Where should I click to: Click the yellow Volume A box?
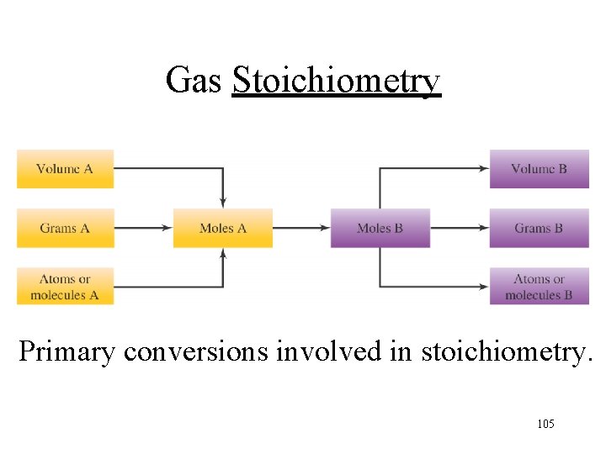(x=65, y=169)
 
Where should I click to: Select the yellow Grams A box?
(x=65, y=228)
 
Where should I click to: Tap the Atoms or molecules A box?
(x=65, y=287)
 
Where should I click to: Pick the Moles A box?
(x=223, y=228)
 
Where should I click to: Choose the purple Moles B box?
(x=380, y=228)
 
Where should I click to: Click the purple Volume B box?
(x=539, y=169)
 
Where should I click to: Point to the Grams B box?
(x=539, y=228)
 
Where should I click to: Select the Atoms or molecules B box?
(x=539, y=287)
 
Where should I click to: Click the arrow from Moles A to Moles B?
(x=301, y=228)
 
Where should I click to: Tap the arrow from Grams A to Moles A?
(x=143, y=228)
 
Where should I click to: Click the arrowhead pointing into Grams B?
(x=484, y=228)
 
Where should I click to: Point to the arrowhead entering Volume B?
(x=484, y=169)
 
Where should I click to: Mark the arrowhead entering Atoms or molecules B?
(x=484, y=287)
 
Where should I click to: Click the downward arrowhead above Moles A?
(x=223, y=202)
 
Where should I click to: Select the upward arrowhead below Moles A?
(x=223, y=254)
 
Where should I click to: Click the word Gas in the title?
(x=194, y=81)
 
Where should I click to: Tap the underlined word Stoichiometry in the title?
(x=336, y=81)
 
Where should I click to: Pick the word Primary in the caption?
(x=66, y=351)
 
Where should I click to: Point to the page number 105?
(x=545, y=424)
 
